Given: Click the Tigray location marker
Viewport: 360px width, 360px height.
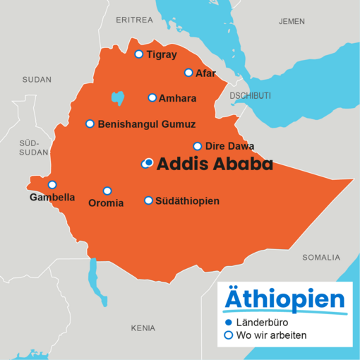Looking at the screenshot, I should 139,54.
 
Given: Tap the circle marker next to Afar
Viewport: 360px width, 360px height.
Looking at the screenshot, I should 188,73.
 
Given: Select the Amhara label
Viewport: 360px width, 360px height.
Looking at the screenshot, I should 177,98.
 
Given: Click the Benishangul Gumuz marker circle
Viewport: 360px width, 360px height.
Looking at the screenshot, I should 90,124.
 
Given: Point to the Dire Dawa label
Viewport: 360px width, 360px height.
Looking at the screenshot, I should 229,146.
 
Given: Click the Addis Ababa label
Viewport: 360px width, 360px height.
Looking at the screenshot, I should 215,164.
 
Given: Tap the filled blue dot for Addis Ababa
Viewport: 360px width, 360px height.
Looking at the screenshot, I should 149,162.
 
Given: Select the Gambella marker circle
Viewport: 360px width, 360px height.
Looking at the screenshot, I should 52,185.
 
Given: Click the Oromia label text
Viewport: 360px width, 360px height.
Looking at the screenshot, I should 105,203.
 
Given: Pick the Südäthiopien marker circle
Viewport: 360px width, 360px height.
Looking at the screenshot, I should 148,200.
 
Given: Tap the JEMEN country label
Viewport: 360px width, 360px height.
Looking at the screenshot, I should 292,22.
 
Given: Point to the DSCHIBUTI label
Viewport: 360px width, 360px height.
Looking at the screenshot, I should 250,95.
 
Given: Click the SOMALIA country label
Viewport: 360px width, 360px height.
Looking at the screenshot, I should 321,257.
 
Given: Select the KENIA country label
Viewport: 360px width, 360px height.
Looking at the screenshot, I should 143,328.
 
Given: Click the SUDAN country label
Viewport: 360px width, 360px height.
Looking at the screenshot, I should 37,80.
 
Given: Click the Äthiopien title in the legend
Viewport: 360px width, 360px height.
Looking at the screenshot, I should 284,298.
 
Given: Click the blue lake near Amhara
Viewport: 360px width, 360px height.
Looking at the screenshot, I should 117,97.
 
